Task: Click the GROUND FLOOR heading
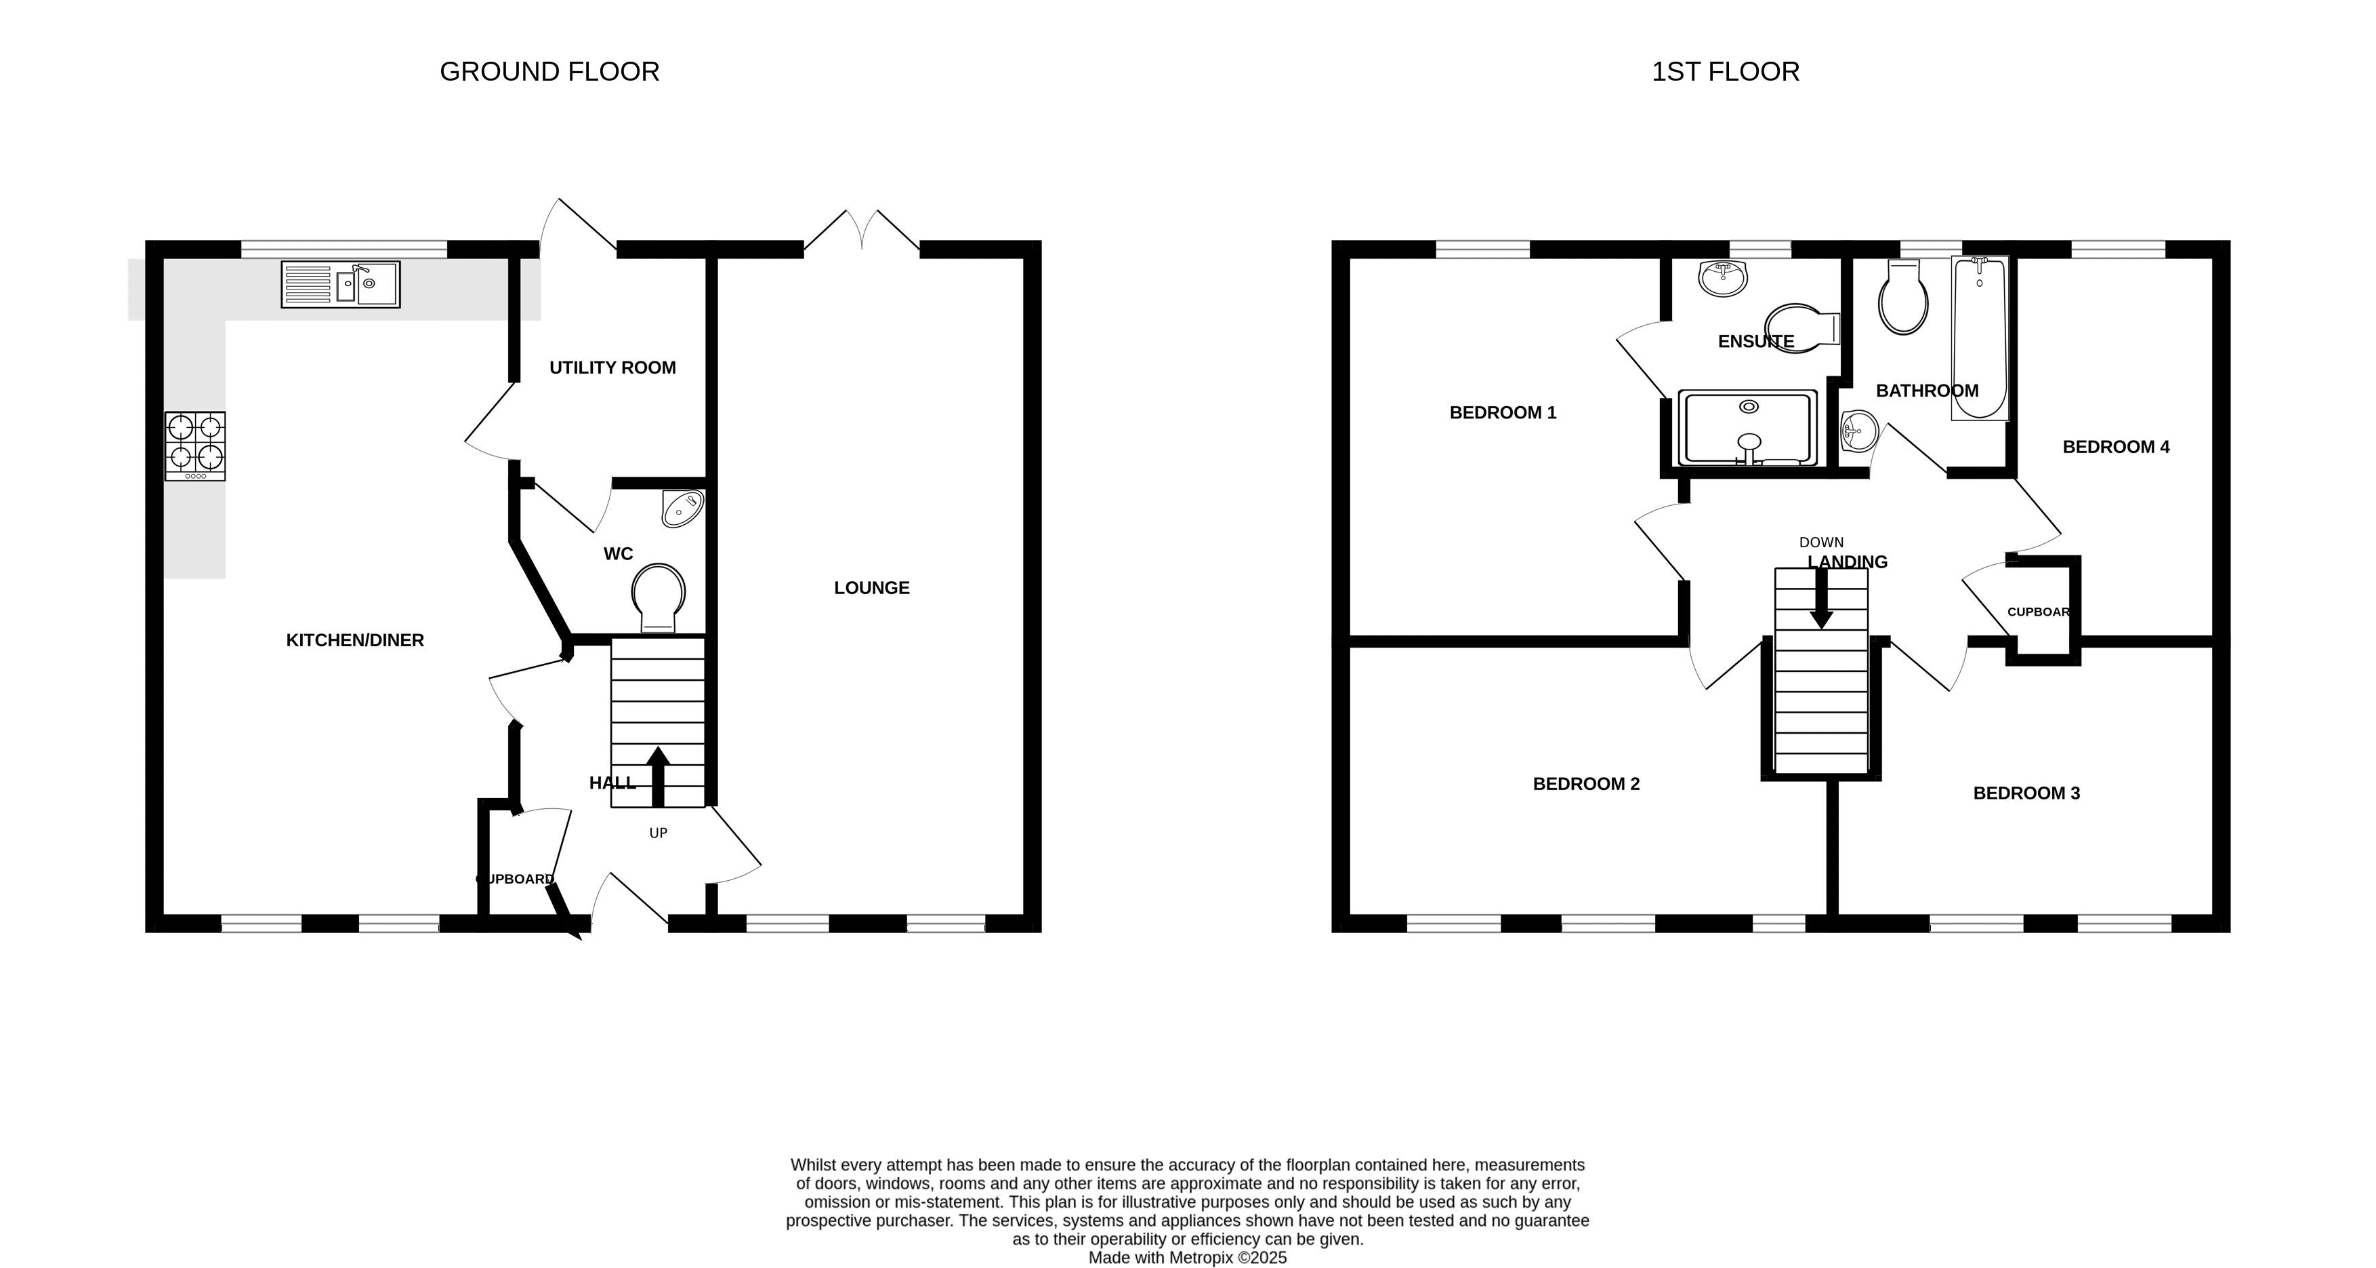point(549,72)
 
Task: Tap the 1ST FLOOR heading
point(1725,72)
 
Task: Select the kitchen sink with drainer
point(340,284)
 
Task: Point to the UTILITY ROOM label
point(612,368)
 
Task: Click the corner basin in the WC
point(684,509)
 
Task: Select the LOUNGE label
point(872,588)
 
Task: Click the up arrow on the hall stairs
point(658,777)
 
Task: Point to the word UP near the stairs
point(658,833)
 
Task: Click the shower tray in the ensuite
point(1748,427)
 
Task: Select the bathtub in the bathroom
point(1980,338)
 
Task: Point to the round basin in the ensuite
point(1723,278)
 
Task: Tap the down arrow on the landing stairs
point(1822,598)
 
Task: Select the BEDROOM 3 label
point(2026,793)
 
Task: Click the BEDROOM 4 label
point(2116,448)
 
